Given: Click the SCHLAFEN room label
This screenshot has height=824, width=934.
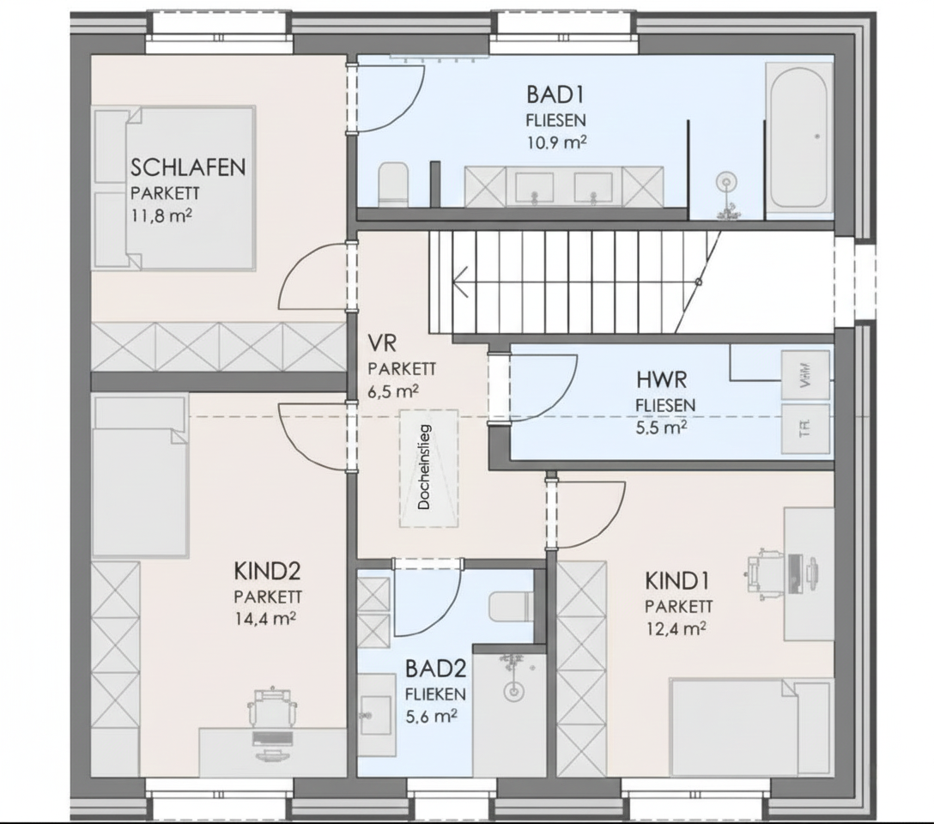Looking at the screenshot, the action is (188, 166).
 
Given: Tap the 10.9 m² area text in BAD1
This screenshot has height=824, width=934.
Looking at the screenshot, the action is (556, 142).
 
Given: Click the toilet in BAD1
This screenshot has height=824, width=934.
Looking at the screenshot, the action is (393, 184).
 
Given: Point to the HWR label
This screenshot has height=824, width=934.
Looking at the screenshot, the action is (663, 379).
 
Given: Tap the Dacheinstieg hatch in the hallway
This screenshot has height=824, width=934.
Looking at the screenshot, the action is (428, 468).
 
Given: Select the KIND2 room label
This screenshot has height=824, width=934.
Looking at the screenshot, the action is (266, 571).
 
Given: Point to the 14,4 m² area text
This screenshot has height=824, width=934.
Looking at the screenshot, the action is (267, 618).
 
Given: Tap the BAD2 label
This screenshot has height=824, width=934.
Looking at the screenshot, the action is (435, 668).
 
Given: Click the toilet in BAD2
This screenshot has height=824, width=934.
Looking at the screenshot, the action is (512, 608).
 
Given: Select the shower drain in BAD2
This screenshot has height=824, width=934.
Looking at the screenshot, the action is (513, 689).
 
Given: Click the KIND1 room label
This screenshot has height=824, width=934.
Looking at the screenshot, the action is (676, 581).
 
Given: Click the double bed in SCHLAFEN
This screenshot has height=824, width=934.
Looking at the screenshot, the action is (175, 187).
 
